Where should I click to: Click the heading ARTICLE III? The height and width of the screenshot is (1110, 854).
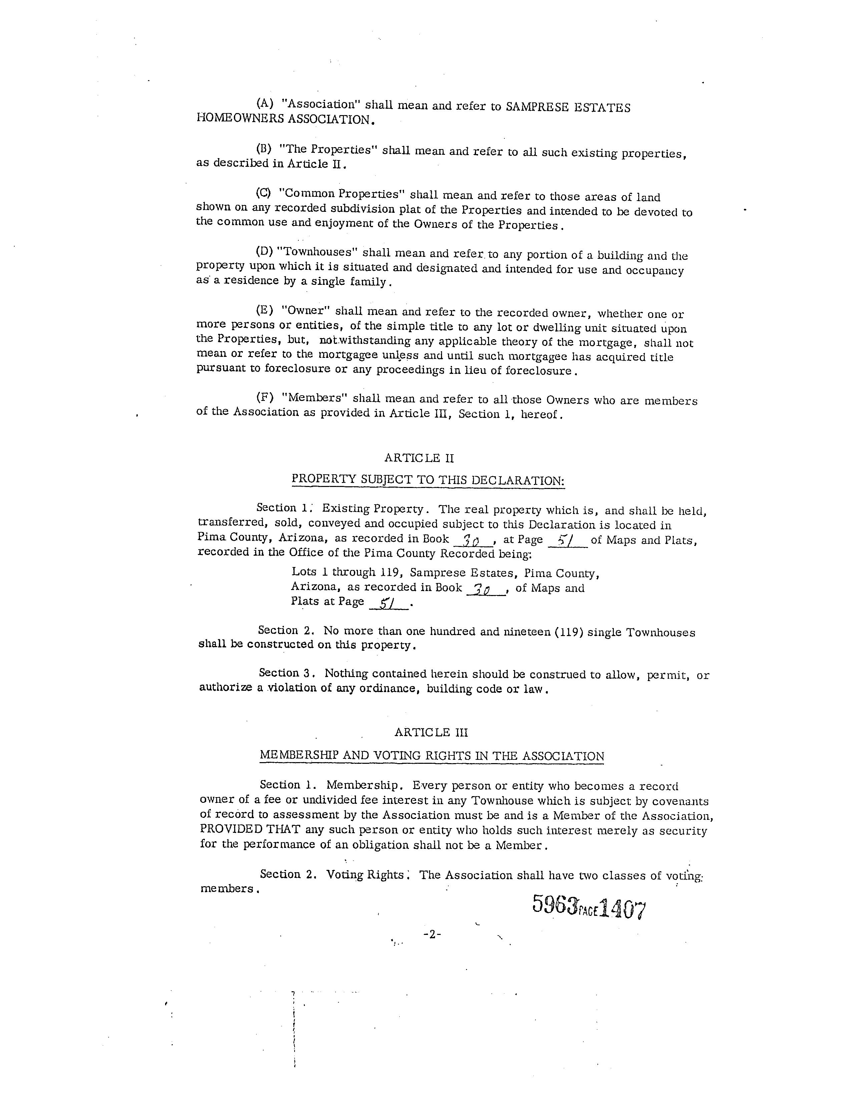click(x=431, y=732)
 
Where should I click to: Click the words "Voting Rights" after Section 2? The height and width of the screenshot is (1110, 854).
click(x=365, y=874)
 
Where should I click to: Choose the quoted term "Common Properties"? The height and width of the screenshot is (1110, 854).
click(x=342, y=194)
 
